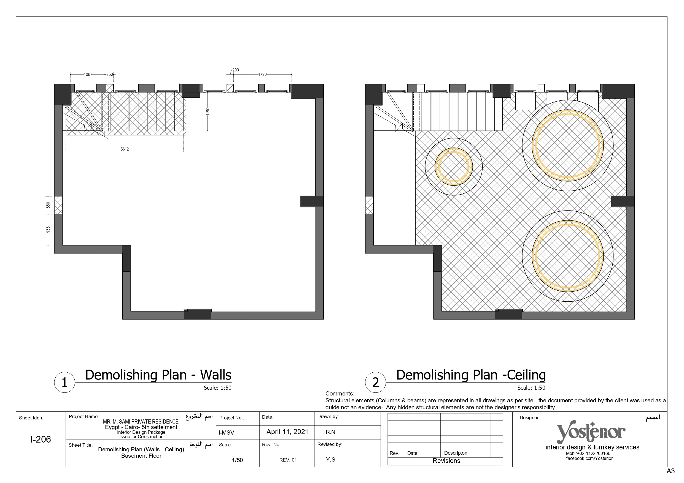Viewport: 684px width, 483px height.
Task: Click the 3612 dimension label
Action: (x=125, y=149)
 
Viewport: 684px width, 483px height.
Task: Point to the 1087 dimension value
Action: (x=88, y=74)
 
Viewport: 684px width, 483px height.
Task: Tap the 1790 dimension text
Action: (x=262, y=74)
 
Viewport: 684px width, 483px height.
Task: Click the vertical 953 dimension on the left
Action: (x=48, y=230)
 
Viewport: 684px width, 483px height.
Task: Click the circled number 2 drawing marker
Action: (x=376, y=383)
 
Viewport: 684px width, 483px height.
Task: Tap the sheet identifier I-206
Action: (x=41, y=439)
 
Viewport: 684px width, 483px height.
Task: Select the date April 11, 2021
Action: (x=287, y=432)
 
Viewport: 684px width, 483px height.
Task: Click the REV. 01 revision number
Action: (x=288, y=460)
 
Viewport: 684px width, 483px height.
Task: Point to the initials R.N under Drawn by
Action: (x=331, y=432)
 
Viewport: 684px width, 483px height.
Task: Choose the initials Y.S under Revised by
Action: (x=331, y=460)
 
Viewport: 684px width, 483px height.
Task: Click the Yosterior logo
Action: (x=591, y=432)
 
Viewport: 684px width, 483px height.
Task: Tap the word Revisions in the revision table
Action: (x=446, y=461)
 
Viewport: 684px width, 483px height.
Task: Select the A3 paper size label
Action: (x=670, y=471)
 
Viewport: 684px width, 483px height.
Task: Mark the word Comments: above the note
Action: (x=340, y=394)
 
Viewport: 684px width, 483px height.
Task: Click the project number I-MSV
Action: (x=227, y=433)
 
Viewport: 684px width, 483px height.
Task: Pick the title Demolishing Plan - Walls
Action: (x=158, y=375)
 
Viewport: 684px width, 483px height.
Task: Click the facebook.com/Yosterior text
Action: (x=589, y=459)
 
